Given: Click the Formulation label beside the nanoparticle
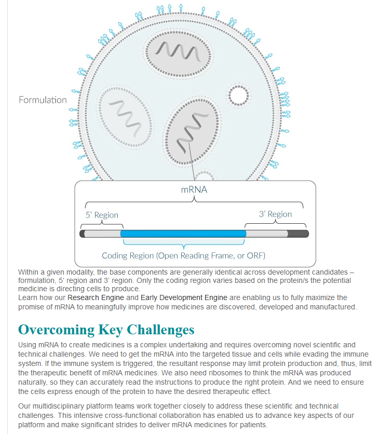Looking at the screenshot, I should [x=43, y=100].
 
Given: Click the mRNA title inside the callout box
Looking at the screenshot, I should [x=194, y=189].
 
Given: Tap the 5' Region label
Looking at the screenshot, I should [x=102, y=215].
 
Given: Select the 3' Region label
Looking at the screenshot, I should [x=275, y=214].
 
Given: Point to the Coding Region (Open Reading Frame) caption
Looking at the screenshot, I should [x=183, y=255].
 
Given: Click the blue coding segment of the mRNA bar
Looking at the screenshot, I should [x=183, y=234].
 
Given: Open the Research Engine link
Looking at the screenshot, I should [x=96, y=297].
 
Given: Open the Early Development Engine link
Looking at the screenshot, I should [x=184, y=297].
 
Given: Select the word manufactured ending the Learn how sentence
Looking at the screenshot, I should [x=331, y=307].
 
